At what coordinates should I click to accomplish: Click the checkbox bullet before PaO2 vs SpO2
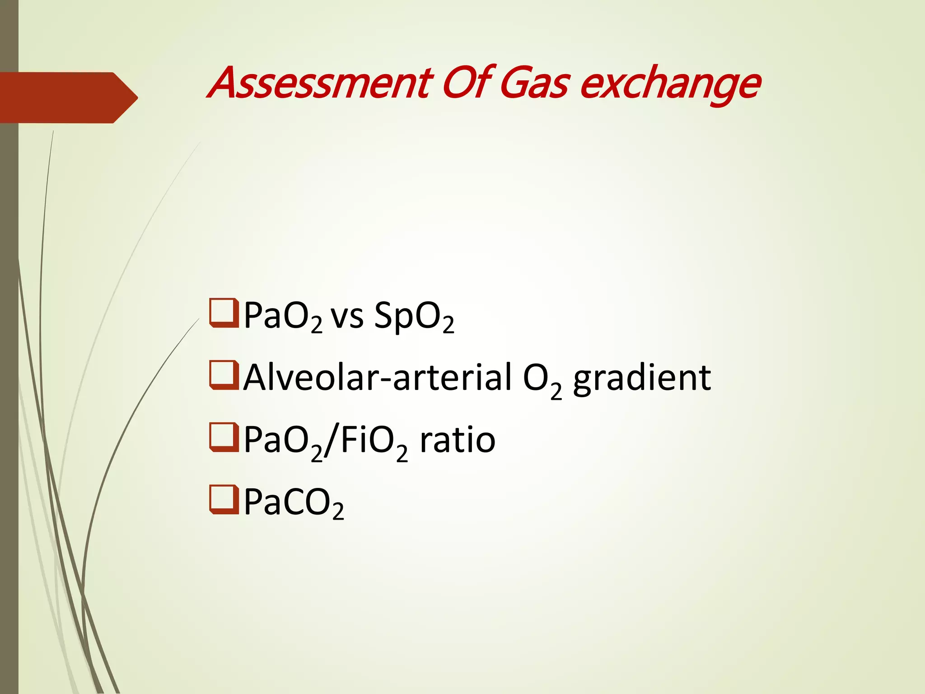click(x=224, y=313)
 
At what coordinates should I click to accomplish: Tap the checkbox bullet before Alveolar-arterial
click(x=224, y=375)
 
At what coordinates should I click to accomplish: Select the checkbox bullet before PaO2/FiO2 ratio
click(x=224, y=437)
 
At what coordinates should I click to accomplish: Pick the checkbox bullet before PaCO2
click(x=224, y=500)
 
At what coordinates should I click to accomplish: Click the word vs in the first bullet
click(x=347, y=316)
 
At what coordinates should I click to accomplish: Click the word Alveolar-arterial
click(x=378, y=378)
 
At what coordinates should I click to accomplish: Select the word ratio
click(x=457, y=440)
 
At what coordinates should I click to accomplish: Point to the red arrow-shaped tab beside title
click(x=68, y=98)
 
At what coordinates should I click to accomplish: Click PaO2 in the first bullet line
click(x=283, y=316)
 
